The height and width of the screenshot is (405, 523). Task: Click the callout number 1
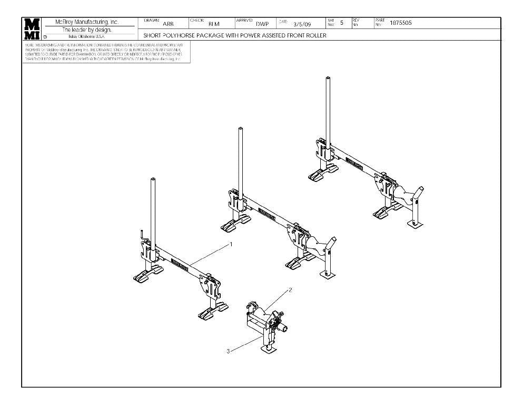point(230,245)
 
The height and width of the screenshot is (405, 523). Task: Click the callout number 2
point(290,290)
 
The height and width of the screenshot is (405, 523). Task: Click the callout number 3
point(228,351)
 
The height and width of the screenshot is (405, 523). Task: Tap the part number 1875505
point(401,23)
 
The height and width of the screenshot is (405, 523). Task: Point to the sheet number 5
point(342,23)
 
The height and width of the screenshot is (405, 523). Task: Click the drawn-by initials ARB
point(169,24)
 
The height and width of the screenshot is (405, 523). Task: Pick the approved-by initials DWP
point(262,24)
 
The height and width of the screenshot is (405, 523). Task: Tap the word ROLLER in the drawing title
point(316,36)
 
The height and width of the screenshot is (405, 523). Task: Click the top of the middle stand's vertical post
point(240,129)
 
